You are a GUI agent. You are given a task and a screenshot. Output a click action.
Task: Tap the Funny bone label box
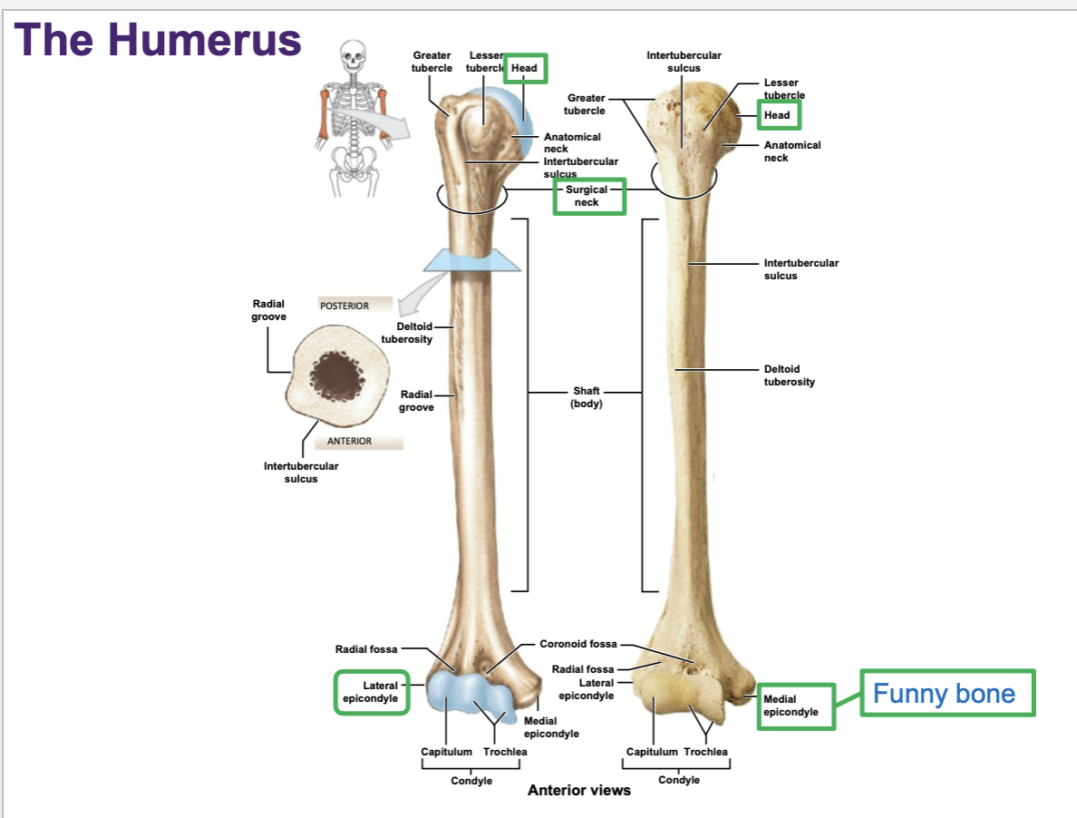point(946,695)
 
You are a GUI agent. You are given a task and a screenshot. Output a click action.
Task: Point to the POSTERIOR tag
point(354,306)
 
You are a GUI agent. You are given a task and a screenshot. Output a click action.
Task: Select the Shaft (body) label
point(586,397)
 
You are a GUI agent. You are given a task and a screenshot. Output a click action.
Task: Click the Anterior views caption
point(578,790)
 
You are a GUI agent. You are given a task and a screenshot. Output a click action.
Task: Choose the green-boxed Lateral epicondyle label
point(371,692)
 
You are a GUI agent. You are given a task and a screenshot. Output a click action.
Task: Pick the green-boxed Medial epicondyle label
point(795,706)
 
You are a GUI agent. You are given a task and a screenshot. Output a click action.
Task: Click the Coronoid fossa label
point(577,644)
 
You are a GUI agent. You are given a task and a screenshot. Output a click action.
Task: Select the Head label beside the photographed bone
point(778,115)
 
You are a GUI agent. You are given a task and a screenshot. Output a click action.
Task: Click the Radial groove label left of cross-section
point(268,310)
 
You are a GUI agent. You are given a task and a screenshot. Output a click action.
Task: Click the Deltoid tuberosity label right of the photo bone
point(789,375)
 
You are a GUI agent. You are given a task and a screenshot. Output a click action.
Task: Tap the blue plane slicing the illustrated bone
point(471,260)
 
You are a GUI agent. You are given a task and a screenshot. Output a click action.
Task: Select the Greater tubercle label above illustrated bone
point(432,62)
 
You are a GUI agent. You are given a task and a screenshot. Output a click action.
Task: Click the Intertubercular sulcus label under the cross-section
point(301,472)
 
